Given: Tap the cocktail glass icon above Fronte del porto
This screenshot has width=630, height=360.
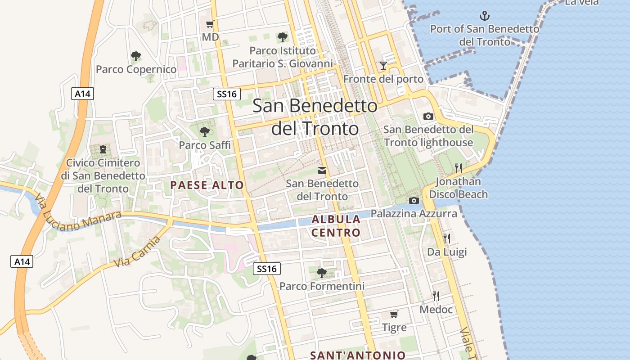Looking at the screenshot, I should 383,66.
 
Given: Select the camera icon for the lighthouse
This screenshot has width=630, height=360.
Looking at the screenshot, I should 428,116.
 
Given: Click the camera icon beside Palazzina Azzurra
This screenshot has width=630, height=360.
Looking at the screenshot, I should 414,200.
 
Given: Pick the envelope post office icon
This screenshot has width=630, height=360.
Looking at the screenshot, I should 322,171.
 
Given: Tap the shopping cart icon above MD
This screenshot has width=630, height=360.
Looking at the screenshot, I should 210,24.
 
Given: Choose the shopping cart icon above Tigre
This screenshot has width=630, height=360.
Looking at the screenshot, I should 394,314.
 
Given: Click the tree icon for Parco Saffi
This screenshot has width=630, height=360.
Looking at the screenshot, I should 205,131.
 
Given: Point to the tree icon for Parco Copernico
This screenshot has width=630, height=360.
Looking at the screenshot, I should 136,56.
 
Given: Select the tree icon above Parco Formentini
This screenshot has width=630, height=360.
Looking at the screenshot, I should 322,273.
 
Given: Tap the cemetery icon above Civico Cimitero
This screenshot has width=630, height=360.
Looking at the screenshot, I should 103,149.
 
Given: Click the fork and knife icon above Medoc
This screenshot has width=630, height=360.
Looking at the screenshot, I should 436,296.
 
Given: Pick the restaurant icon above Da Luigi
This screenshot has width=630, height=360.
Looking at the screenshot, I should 446,238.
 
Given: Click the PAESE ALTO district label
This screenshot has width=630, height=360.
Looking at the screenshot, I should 207,185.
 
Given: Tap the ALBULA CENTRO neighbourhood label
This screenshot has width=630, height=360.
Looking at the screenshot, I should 336,226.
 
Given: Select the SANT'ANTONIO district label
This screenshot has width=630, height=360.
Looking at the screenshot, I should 358,355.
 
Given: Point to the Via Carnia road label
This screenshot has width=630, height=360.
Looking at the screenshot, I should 137,252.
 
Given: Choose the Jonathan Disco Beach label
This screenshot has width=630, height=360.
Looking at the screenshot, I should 458,188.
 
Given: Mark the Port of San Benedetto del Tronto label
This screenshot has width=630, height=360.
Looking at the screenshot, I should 485,35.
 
